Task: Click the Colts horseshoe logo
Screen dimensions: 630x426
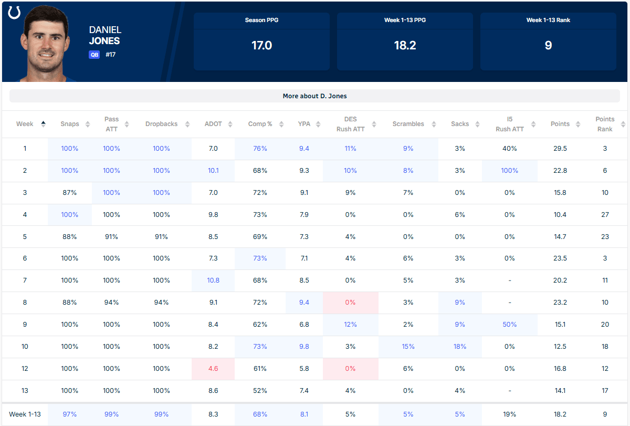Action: (14, 13)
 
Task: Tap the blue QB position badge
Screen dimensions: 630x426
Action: (94, 55)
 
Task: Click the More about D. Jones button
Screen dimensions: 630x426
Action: (314, 96)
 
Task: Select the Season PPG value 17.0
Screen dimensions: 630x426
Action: (261, 45)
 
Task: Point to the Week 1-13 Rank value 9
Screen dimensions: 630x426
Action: (548, 45)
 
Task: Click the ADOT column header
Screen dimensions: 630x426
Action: (213, 124)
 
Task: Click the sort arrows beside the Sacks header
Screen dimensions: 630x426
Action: (477, 124)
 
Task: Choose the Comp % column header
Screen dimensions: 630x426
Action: (260, 124)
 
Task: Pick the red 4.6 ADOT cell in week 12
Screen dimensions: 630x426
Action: (213, 369)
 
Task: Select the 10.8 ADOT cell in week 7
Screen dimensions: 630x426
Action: (213, 280)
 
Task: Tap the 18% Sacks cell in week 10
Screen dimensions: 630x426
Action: (460, 346)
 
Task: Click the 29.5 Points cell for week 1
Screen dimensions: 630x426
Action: (560, 148)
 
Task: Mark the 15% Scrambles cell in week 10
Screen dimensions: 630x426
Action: (408, 346)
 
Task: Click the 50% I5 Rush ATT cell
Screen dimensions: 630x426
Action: (510, 325)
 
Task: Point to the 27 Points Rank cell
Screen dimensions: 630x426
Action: (605, 215)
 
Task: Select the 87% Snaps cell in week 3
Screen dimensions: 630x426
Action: (69, 192)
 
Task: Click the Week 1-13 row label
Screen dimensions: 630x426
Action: (25, 414)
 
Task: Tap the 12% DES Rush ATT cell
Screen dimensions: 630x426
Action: (350, 325)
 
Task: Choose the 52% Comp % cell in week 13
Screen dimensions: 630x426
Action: (260, 391)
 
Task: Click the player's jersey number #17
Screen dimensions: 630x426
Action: (111, 55)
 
